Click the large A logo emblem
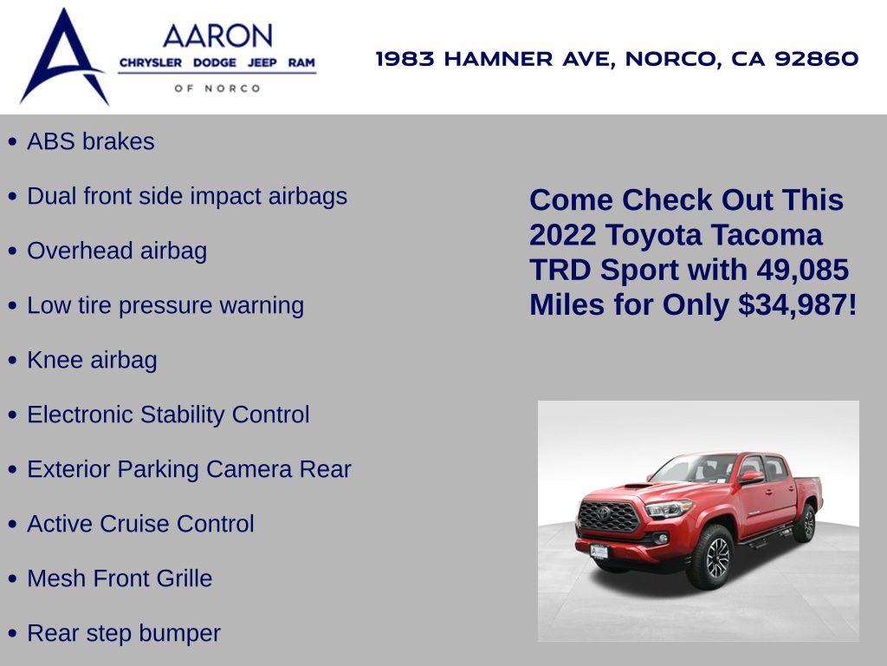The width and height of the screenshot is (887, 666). coord(63,56)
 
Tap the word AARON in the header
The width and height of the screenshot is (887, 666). coord(217,36)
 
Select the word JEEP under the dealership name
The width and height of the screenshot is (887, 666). coord(262,62)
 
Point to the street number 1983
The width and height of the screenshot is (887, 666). coord(405,58)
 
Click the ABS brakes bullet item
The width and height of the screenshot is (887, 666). coord(90,141)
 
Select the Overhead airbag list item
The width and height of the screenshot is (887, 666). coord(117,251)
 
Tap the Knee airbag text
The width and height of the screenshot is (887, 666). coord(92,360)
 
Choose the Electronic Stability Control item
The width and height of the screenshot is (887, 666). coord(169,415)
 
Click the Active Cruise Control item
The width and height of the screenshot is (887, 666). coord(141,524)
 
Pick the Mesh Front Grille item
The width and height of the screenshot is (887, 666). coord(120,578)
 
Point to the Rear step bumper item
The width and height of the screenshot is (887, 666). coord(124,633)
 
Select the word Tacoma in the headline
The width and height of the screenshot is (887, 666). coord(767,235)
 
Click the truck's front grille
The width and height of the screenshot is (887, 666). coord(608,516)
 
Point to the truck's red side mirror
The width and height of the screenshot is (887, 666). coord(751,477)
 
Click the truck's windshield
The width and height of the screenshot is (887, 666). coord(695,468)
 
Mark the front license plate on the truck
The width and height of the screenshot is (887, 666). coord(599,552)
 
